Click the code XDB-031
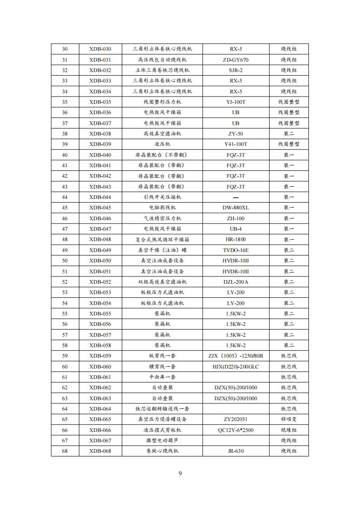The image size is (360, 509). click(100, 59)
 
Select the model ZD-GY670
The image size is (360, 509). click(235, 59)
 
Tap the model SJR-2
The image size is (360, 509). click(235, 70)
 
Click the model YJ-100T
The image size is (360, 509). click(235, 102)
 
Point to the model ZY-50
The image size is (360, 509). click(235, 134)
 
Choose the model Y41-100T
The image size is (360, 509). click(235, 144)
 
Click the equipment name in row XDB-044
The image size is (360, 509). click(162, 197)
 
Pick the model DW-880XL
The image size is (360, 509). click(235, 208)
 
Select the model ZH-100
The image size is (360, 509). click(235, 218)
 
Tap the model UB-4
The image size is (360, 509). click(235, 229)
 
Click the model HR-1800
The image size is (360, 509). click(235, 239)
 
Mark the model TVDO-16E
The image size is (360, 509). click(235, 250)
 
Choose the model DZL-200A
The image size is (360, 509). click(235, 282)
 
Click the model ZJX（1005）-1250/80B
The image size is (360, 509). click(235, 356)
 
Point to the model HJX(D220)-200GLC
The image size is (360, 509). click(235, 367)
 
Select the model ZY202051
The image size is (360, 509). click(235, 419)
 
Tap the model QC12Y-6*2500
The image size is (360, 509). click(235, 430)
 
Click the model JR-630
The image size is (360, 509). click(235, 451)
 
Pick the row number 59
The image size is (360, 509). click(64, 356)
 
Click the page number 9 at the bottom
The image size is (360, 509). click(180, 474)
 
